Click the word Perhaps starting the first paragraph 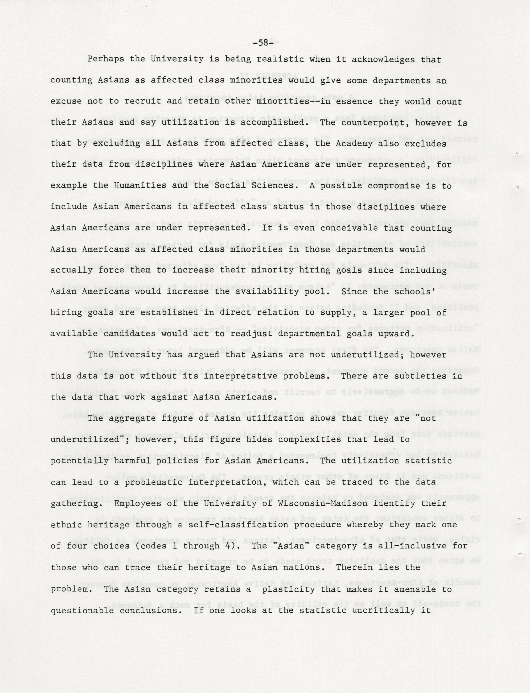(106, 59)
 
